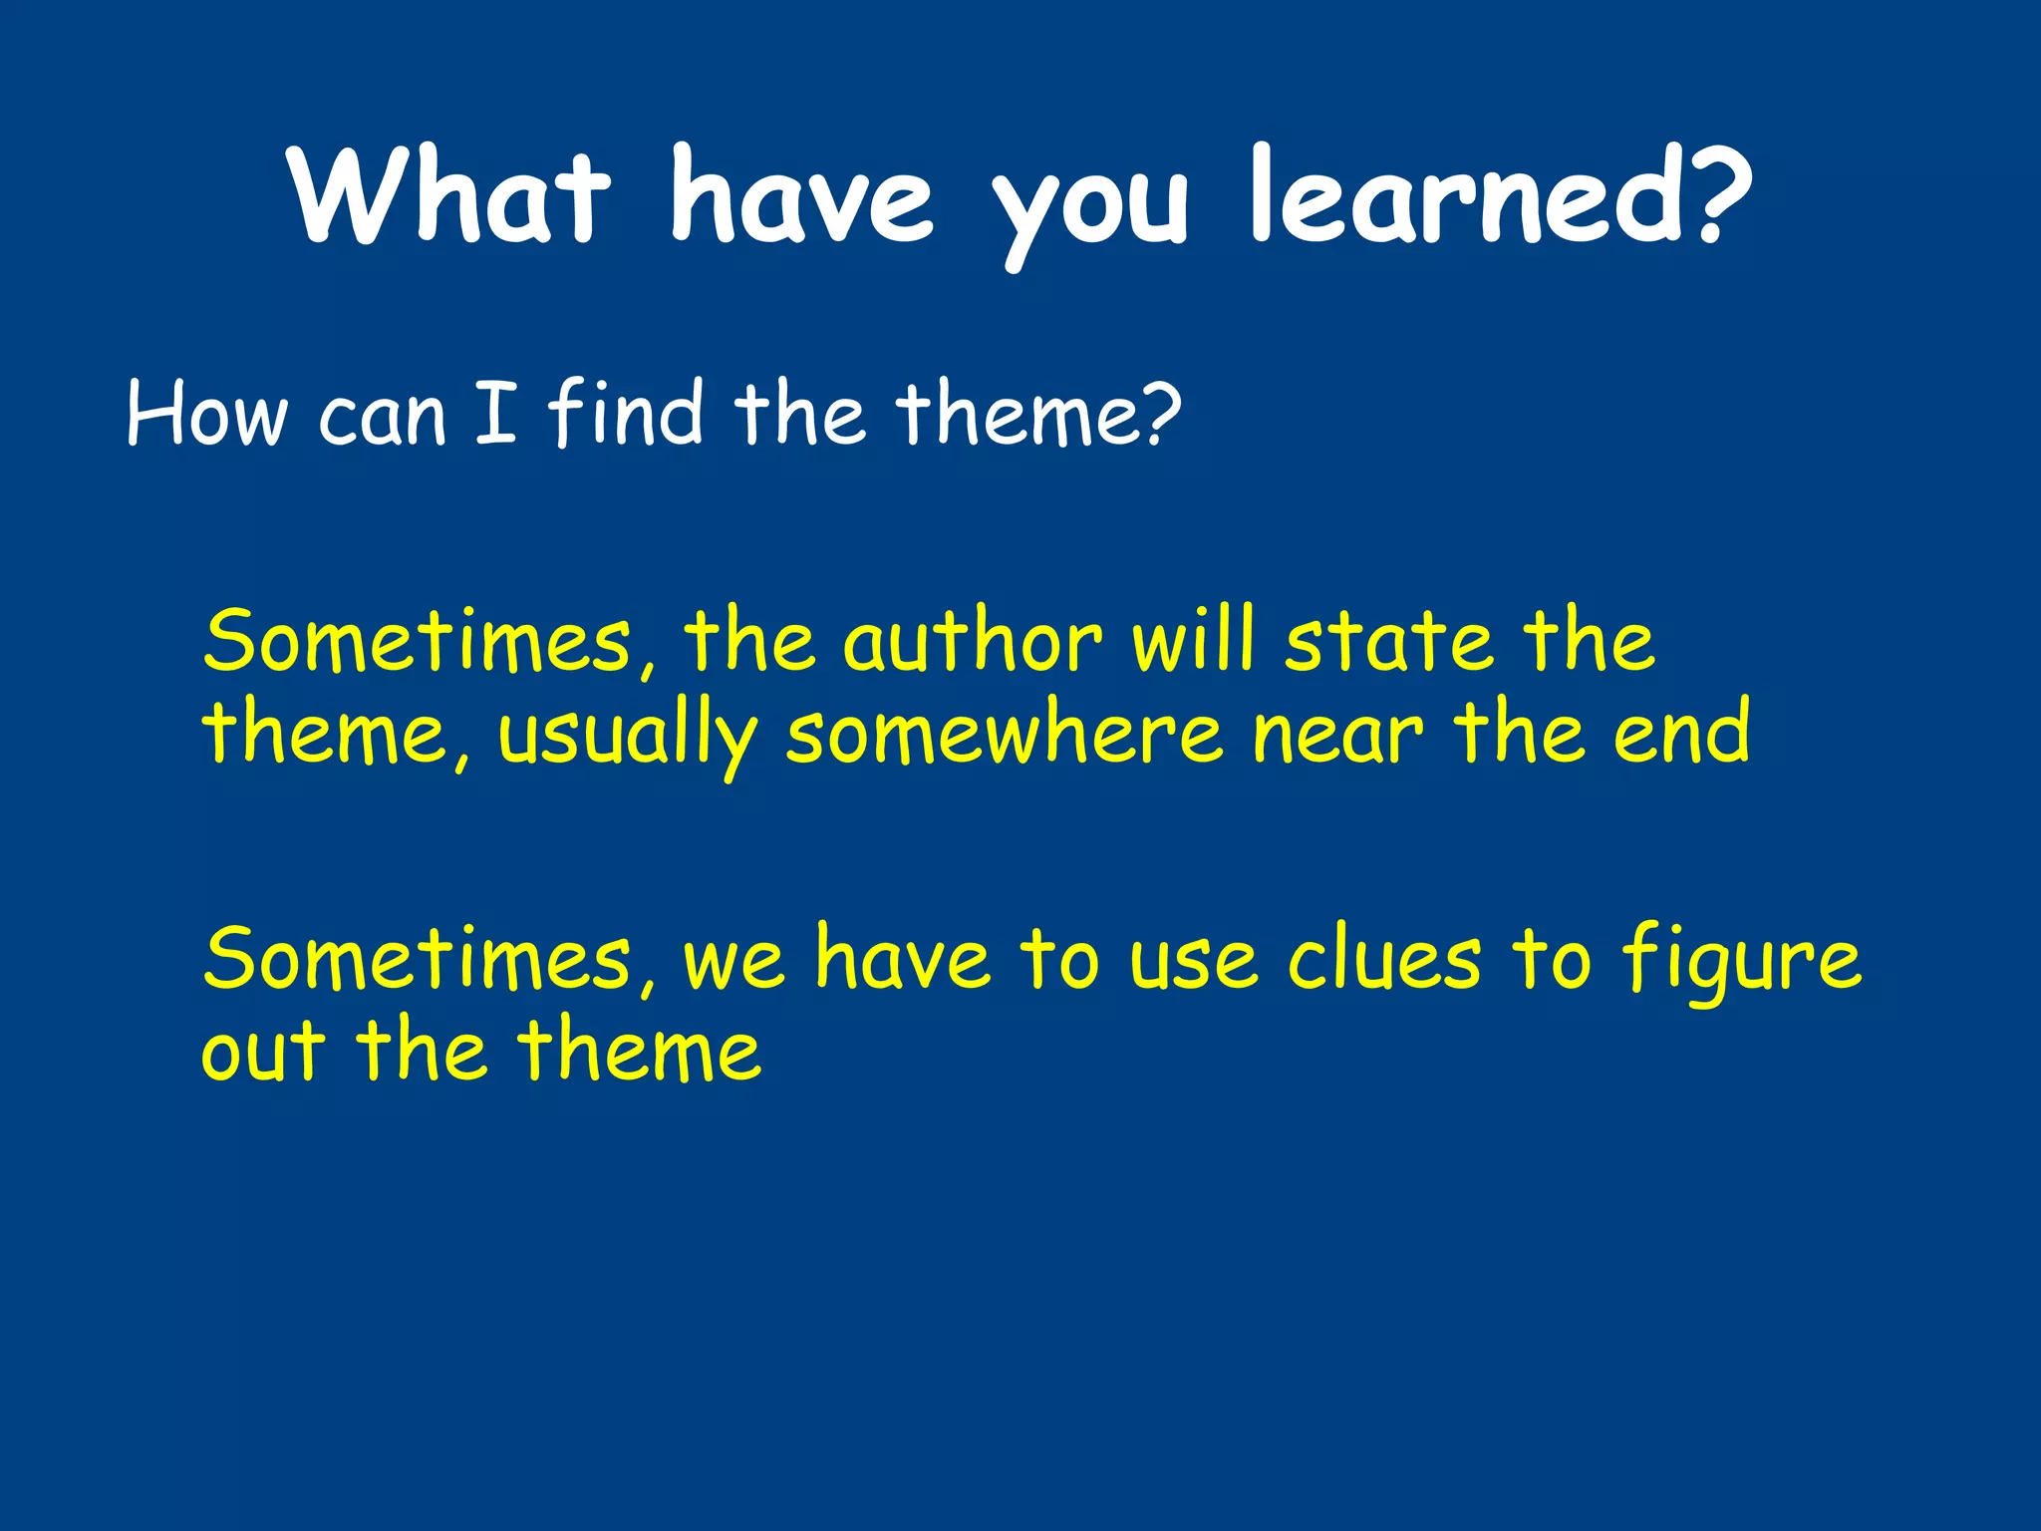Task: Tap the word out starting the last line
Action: [x=262, y=1052]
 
